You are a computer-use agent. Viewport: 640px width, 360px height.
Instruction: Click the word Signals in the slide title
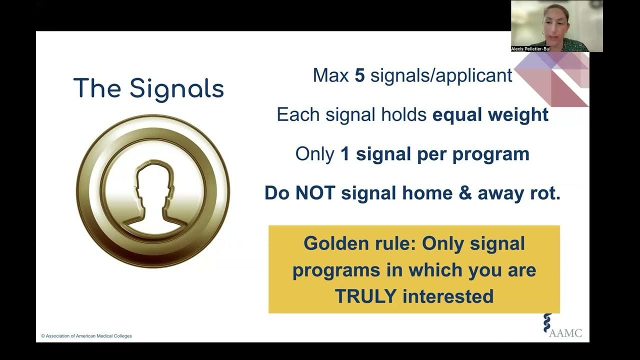(176, 89)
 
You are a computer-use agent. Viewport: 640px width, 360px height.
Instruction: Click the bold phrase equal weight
(490, 115)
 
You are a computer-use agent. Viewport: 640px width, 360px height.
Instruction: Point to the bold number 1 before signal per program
(345, 154)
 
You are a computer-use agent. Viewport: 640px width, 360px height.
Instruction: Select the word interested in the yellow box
(448, 296)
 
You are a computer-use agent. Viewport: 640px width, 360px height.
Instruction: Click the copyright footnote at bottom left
(86, 336)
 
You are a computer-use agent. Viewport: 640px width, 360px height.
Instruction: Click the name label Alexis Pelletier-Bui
(530, 49)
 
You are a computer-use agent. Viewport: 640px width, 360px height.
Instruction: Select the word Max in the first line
(331, 75)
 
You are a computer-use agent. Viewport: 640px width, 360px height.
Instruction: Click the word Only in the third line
(314, 154)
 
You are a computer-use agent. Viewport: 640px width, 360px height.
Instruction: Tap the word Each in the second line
(298, 115)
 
